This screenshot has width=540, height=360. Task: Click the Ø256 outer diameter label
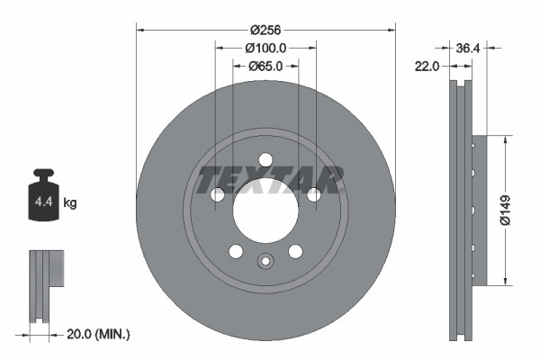(265, 30)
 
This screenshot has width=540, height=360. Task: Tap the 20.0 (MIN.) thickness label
(100, 334)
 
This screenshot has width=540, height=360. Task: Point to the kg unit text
(70, 203)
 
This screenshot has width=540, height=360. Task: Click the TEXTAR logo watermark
(271, 177)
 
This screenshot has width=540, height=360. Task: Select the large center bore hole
(265, 211)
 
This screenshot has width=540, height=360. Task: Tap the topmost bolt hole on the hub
(265, 159)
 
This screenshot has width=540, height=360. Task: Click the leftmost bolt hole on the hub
(216, 195)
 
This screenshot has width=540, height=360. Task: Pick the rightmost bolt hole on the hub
(313, 195)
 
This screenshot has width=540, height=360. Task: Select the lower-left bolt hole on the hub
(235, 251)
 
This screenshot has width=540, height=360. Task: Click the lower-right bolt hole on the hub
(294, 251)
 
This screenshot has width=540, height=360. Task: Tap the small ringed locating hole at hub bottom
(265, 262)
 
